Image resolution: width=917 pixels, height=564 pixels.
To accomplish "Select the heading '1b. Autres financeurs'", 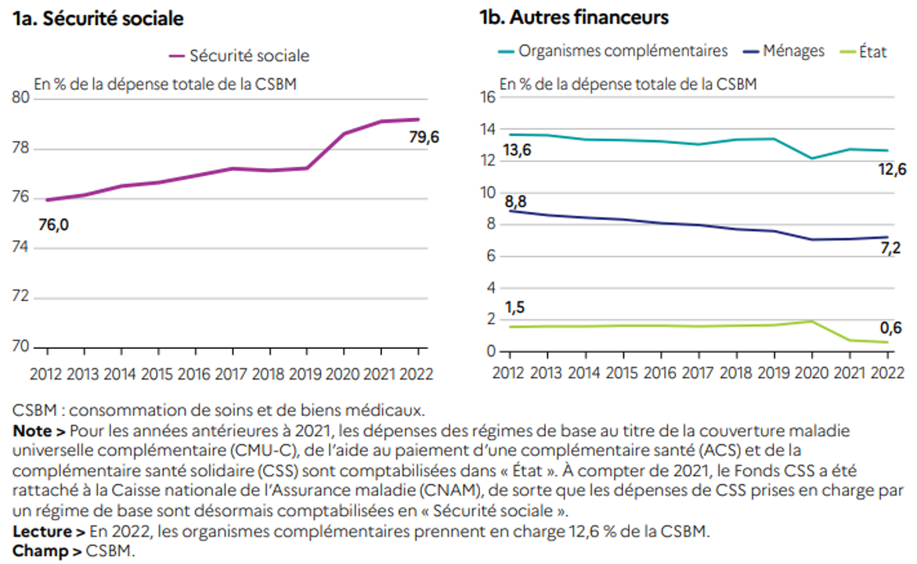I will click(x=573, y=17).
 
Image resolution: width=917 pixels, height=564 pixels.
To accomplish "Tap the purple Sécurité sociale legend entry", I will click(x=240, y=56).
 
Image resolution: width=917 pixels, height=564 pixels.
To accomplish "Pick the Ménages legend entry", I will click(x=783, y=51).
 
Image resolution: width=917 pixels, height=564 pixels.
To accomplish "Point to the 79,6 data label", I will click(x=424, y=137).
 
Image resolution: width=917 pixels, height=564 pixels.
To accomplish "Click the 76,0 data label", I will click(x=54, y=225).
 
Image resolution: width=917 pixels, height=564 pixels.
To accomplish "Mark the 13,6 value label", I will click(x=516, y=150).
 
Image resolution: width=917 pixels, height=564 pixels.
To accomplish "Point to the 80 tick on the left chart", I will click(x=21, y=98).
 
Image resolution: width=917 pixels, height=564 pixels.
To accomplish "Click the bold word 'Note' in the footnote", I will click(x=29, y=431).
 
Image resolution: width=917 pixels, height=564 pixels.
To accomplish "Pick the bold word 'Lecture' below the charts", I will click(x=38, y=533).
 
